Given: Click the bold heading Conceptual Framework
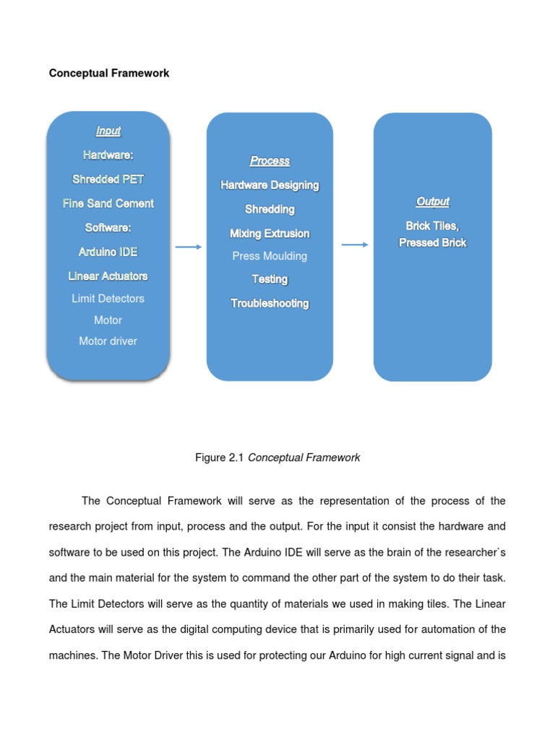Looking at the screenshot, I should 109,74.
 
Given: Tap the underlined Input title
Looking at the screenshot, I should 108,131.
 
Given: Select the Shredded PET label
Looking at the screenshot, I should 108,179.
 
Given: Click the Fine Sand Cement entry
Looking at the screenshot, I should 108,204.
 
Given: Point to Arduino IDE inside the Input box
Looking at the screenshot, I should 108,252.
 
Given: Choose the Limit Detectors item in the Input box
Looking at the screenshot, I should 108,298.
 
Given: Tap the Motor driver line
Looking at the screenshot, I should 108,341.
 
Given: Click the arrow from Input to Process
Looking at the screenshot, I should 189,247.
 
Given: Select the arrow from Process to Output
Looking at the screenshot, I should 354,245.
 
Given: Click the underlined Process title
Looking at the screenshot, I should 270,161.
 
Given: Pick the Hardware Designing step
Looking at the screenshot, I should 270,185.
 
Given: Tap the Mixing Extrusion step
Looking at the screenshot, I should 270,234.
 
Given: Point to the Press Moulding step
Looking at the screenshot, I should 270,256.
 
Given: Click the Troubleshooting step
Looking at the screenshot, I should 270,304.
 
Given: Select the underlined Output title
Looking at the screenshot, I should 433,202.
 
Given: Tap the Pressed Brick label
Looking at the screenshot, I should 433,243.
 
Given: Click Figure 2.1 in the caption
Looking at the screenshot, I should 220,458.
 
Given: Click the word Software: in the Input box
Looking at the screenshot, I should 108,227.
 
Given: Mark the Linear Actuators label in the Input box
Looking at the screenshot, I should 108,276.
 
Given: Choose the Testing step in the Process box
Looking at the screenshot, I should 270,279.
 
